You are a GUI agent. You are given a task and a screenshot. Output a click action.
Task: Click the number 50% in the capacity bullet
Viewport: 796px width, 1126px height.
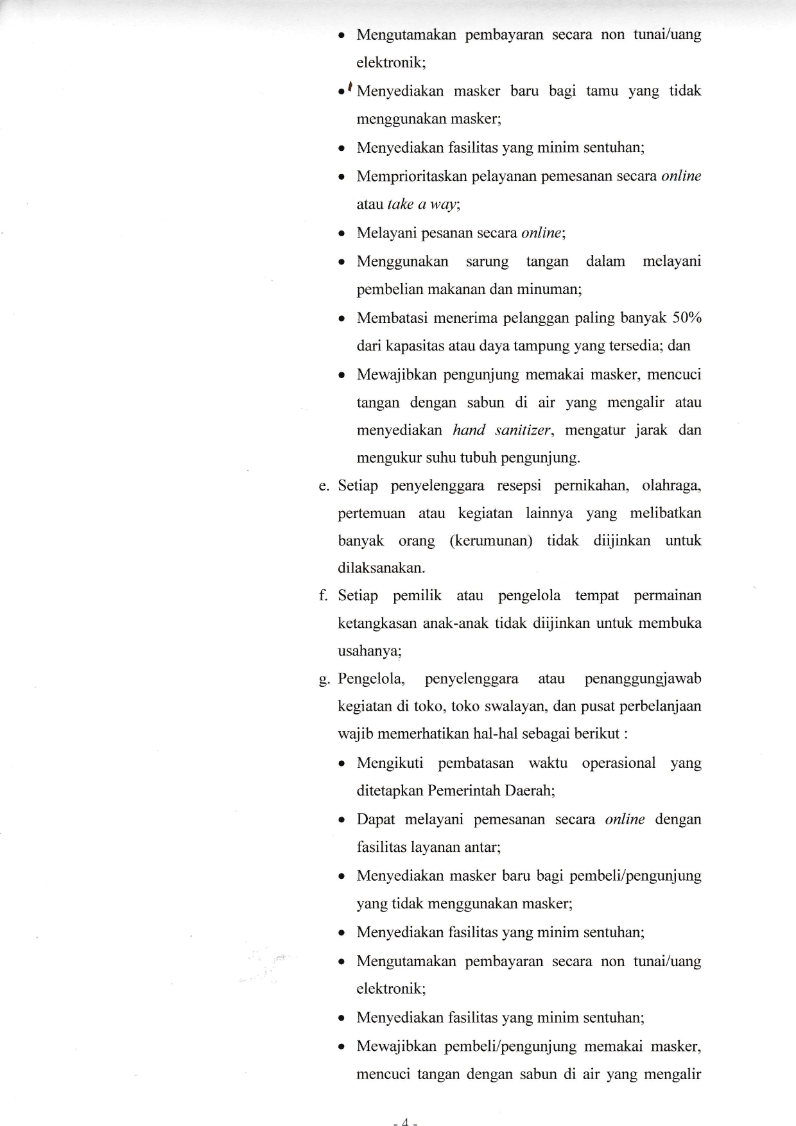[686, 318]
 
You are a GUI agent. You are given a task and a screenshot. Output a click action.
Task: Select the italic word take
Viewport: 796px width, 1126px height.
[400, 204]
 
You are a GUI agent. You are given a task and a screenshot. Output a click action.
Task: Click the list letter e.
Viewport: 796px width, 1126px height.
[323, 485]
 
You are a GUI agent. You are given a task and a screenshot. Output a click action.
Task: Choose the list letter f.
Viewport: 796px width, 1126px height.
[323, 596]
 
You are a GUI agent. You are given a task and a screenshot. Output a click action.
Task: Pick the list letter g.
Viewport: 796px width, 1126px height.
[323, 679]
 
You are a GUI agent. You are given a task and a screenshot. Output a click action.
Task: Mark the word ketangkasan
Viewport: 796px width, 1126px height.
[377, 623]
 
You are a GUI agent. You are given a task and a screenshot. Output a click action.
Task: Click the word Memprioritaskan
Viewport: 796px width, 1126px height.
[411, 176]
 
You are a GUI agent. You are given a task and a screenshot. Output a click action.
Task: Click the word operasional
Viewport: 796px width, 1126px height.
[619, 763]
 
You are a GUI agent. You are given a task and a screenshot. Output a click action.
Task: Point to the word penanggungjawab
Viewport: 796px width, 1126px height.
[643, 679]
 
